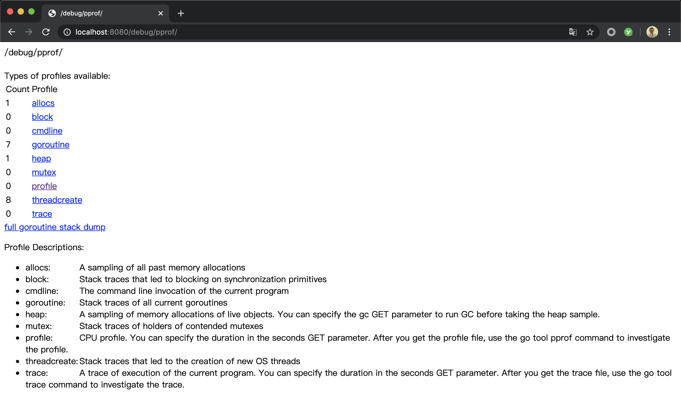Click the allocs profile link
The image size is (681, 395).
(x=43, y=103)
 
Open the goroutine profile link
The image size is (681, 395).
(x=51, y=145)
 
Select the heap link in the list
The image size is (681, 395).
(x=41, y=158)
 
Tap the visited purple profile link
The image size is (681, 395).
(x=44, y=186)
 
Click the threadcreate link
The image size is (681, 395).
(x=57, y=200)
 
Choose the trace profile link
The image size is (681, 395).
(x=42, y=213)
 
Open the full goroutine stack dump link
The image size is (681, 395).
(x=55, y=227)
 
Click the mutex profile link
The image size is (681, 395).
(x=44, y=172)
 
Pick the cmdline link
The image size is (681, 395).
(x=47, y=131)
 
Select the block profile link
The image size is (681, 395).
(x=42, y=117)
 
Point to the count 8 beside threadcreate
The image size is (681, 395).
(x=8, y=200)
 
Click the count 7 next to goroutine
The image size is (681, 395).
(x=8, y=145)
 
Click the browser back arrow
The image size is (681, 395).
(x=12, y=32)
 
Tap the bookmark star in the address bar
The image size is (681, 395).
(x=590, y=32)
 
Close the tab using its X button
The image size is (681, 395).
(x=160, y=13)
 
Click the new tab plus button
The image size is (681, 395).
(x=181, y=13)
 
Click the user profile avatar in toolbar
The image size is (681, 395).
(x=652, y=32)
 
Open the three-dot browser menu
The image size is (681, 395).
(x=669, y=32)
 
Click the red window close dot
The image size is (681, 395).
(x=10, y=12)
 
